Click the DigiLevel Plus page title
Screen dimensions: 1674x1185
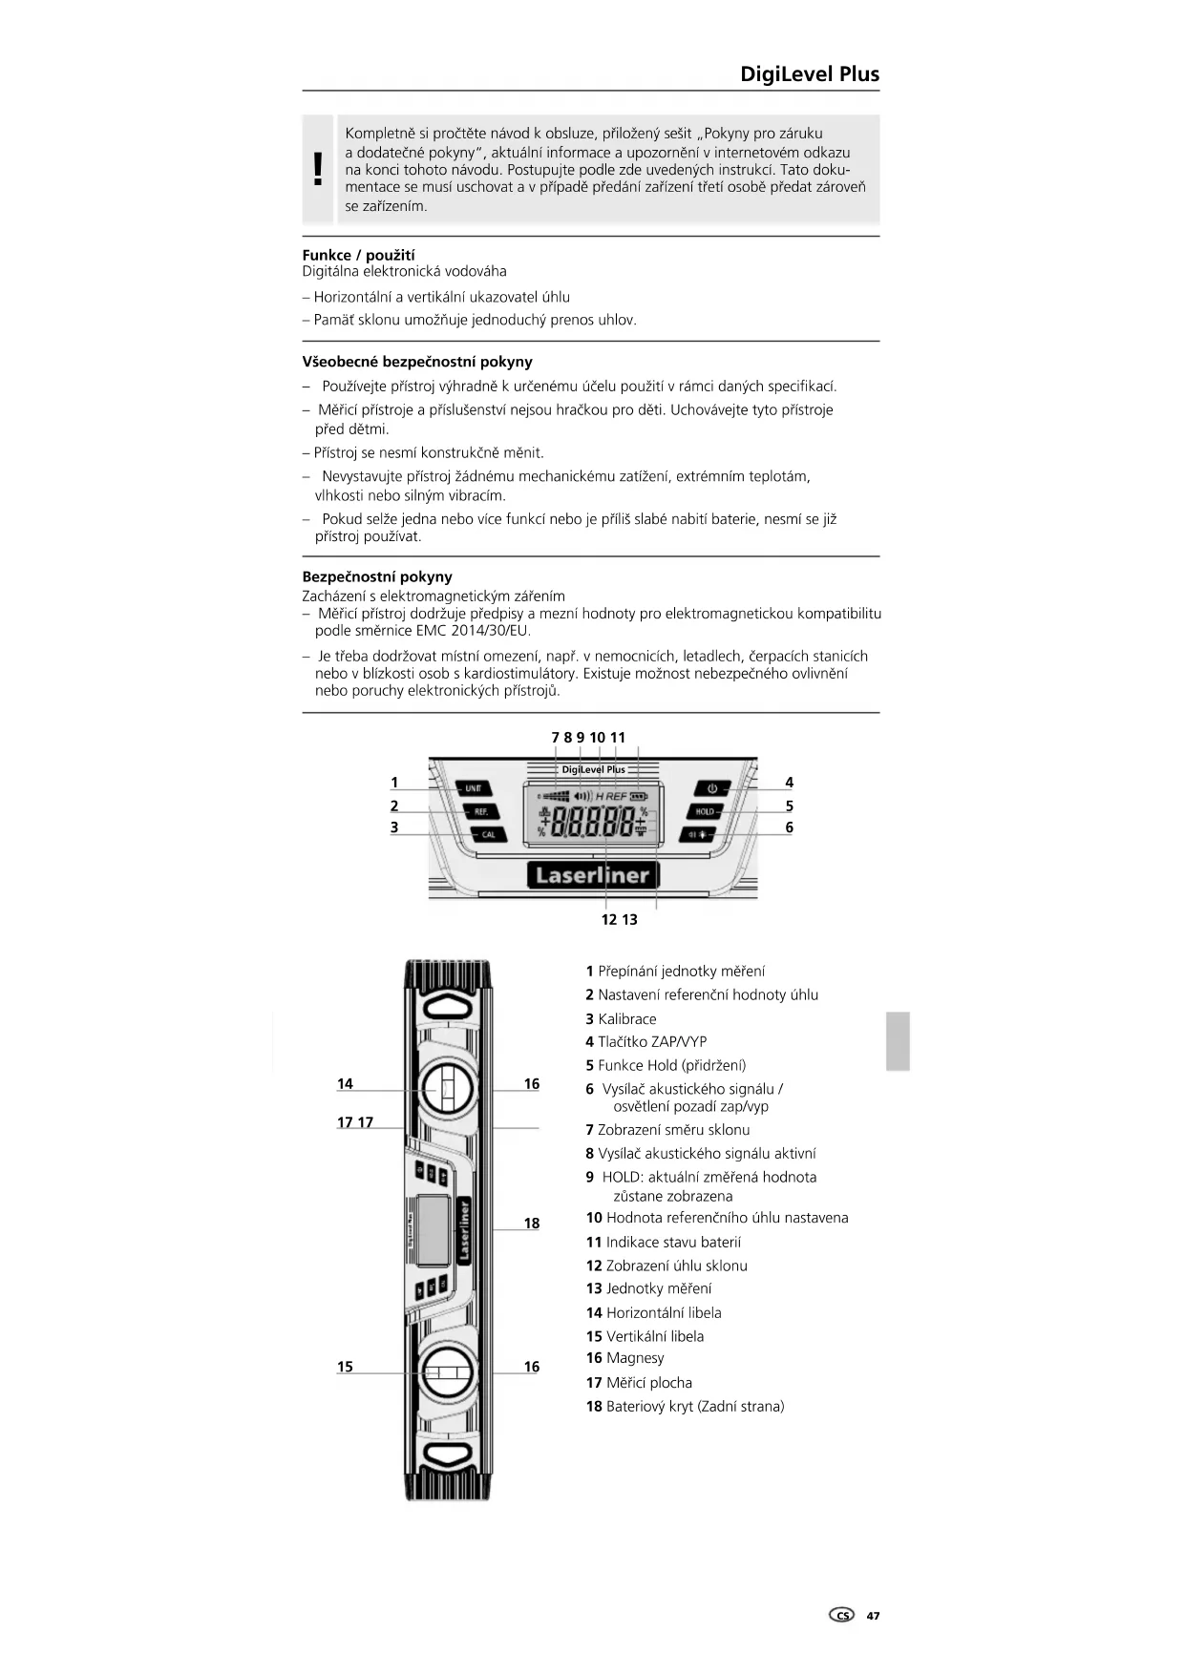tap(809, 74)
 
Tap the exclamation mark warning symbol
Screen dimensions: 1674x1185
tap(318, 170)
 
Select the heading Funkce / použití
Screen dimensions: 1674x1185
tap(358, 255)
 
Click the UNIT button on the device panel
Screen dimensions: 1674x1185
tap(473, 788)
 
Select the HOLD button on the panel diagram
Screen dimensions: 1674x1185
tap(705, 811)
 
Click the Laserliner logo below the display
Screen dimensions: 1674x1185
tap(592, 875)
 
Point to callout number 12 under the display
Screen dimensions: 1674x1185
tap(608, 919)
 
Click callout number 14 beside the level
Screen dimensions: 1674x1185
tap(345, 1083)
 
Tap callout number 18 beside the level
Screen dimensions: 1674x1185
tap(532, 1223)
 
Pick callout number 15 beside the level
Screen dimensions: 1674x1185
tap(345, 1367)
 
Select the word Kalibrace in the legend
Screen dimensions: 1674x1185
tap(626, 1018)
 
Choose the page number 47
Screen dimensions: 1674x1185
tap(873, 1616)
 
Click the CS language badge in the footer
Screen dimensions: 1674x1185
tap(841, 1616)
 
